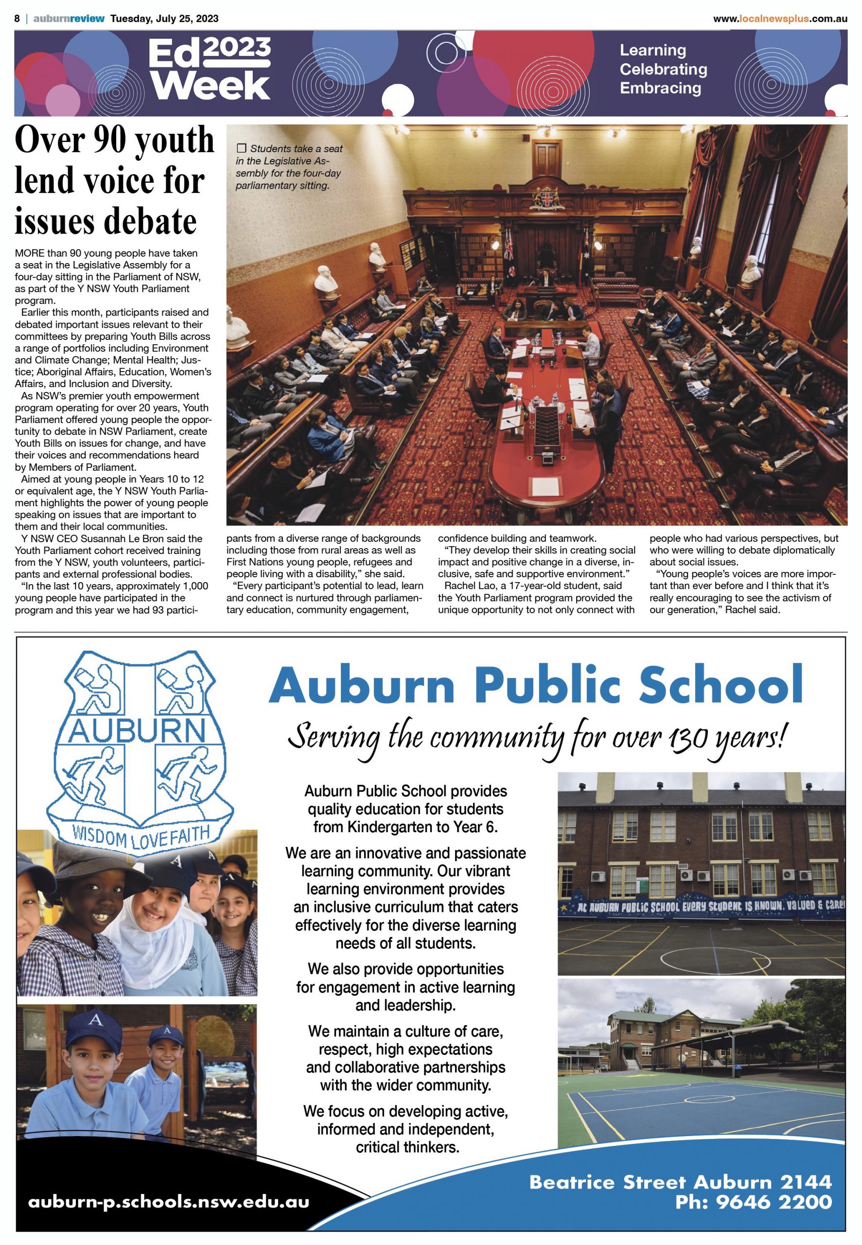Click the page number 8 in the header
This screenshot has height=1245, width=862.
click(18, 18)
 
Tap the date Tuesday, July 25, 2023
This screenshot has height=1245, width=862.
click(164, 18)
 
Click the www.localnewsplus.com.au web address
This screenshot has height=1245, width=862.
click(780, 19)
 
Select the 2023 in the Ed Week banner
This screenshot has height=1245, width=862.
click(238, 49)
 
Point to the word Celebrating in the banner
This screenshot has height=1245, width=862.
click(663, 69)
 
